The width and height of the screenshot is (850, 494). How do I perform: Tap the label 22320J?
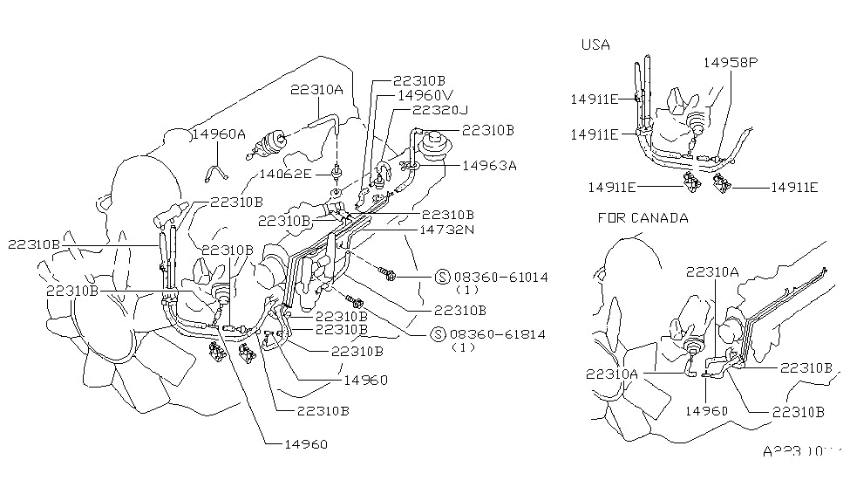pos(440,111)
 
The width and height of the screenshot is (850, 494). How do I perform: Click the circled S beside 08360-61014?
pos(441,277)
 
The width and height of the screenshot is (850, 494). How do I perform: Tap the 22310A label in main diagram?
pos(316,90)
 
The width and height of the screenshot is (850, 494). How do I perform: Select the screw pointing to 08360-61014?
pos(389,276)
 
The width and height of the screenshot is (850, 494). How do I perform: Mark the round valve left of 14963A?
pos(433,140)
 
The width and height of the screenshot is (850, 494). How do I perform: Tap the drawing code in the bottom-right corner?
pos(800,452)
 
